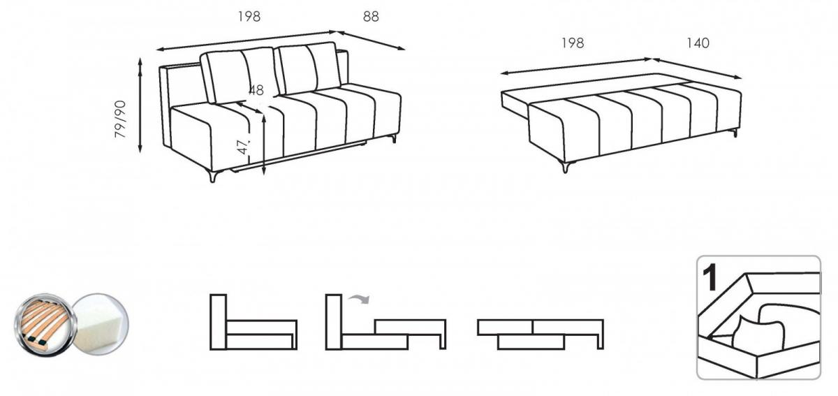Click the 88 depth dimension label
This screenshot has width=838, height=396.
pos(371,17)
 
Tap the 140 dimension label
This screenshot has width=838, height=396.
pos(698,43)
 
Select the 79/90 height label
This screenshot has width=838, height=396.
pos(120,119)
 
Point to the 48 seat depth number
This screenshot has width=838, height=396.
pos(256,90)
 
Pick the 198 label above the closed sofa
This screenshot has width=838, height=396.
pos(249,17)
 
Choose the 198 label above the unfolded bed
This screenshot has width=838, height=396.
pos(573,43)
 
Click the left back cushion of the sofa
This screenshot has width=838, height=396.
pos(239,74)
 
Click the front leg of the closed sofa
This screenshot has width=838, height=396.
pos(213,175)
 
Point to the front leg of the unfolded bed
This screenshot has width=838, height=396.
pos(566,166)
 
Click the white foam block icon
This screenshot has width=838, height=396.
pos(101,324)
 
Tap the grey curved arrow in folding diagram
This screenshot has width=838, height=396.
pos(359,298)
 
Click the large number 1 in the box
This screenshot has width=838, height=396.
pos(710,277)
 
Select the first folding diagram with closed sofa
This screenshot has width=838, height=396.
pos(253,322)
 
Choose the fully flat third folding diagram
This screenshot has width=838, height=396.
pos(541,335)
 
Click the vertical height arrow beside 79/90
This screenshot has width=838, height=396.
pos(140,105)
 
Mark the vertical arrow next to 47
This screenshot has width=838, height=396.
pos(264,145)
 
